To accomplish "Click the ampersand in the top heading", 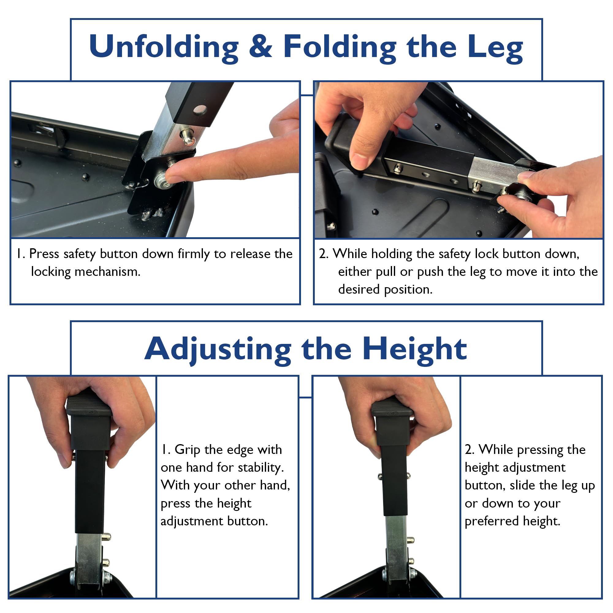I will [x=260, y=47].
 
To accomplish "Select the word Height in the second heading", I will [x=414, y=349].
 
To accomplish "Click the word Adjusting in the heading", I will [x=217, y=349].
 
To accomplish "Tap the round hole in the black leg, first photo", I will [x=200, y=110].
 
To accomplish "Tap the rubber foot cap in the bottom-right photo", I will [x=393, y=409].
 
